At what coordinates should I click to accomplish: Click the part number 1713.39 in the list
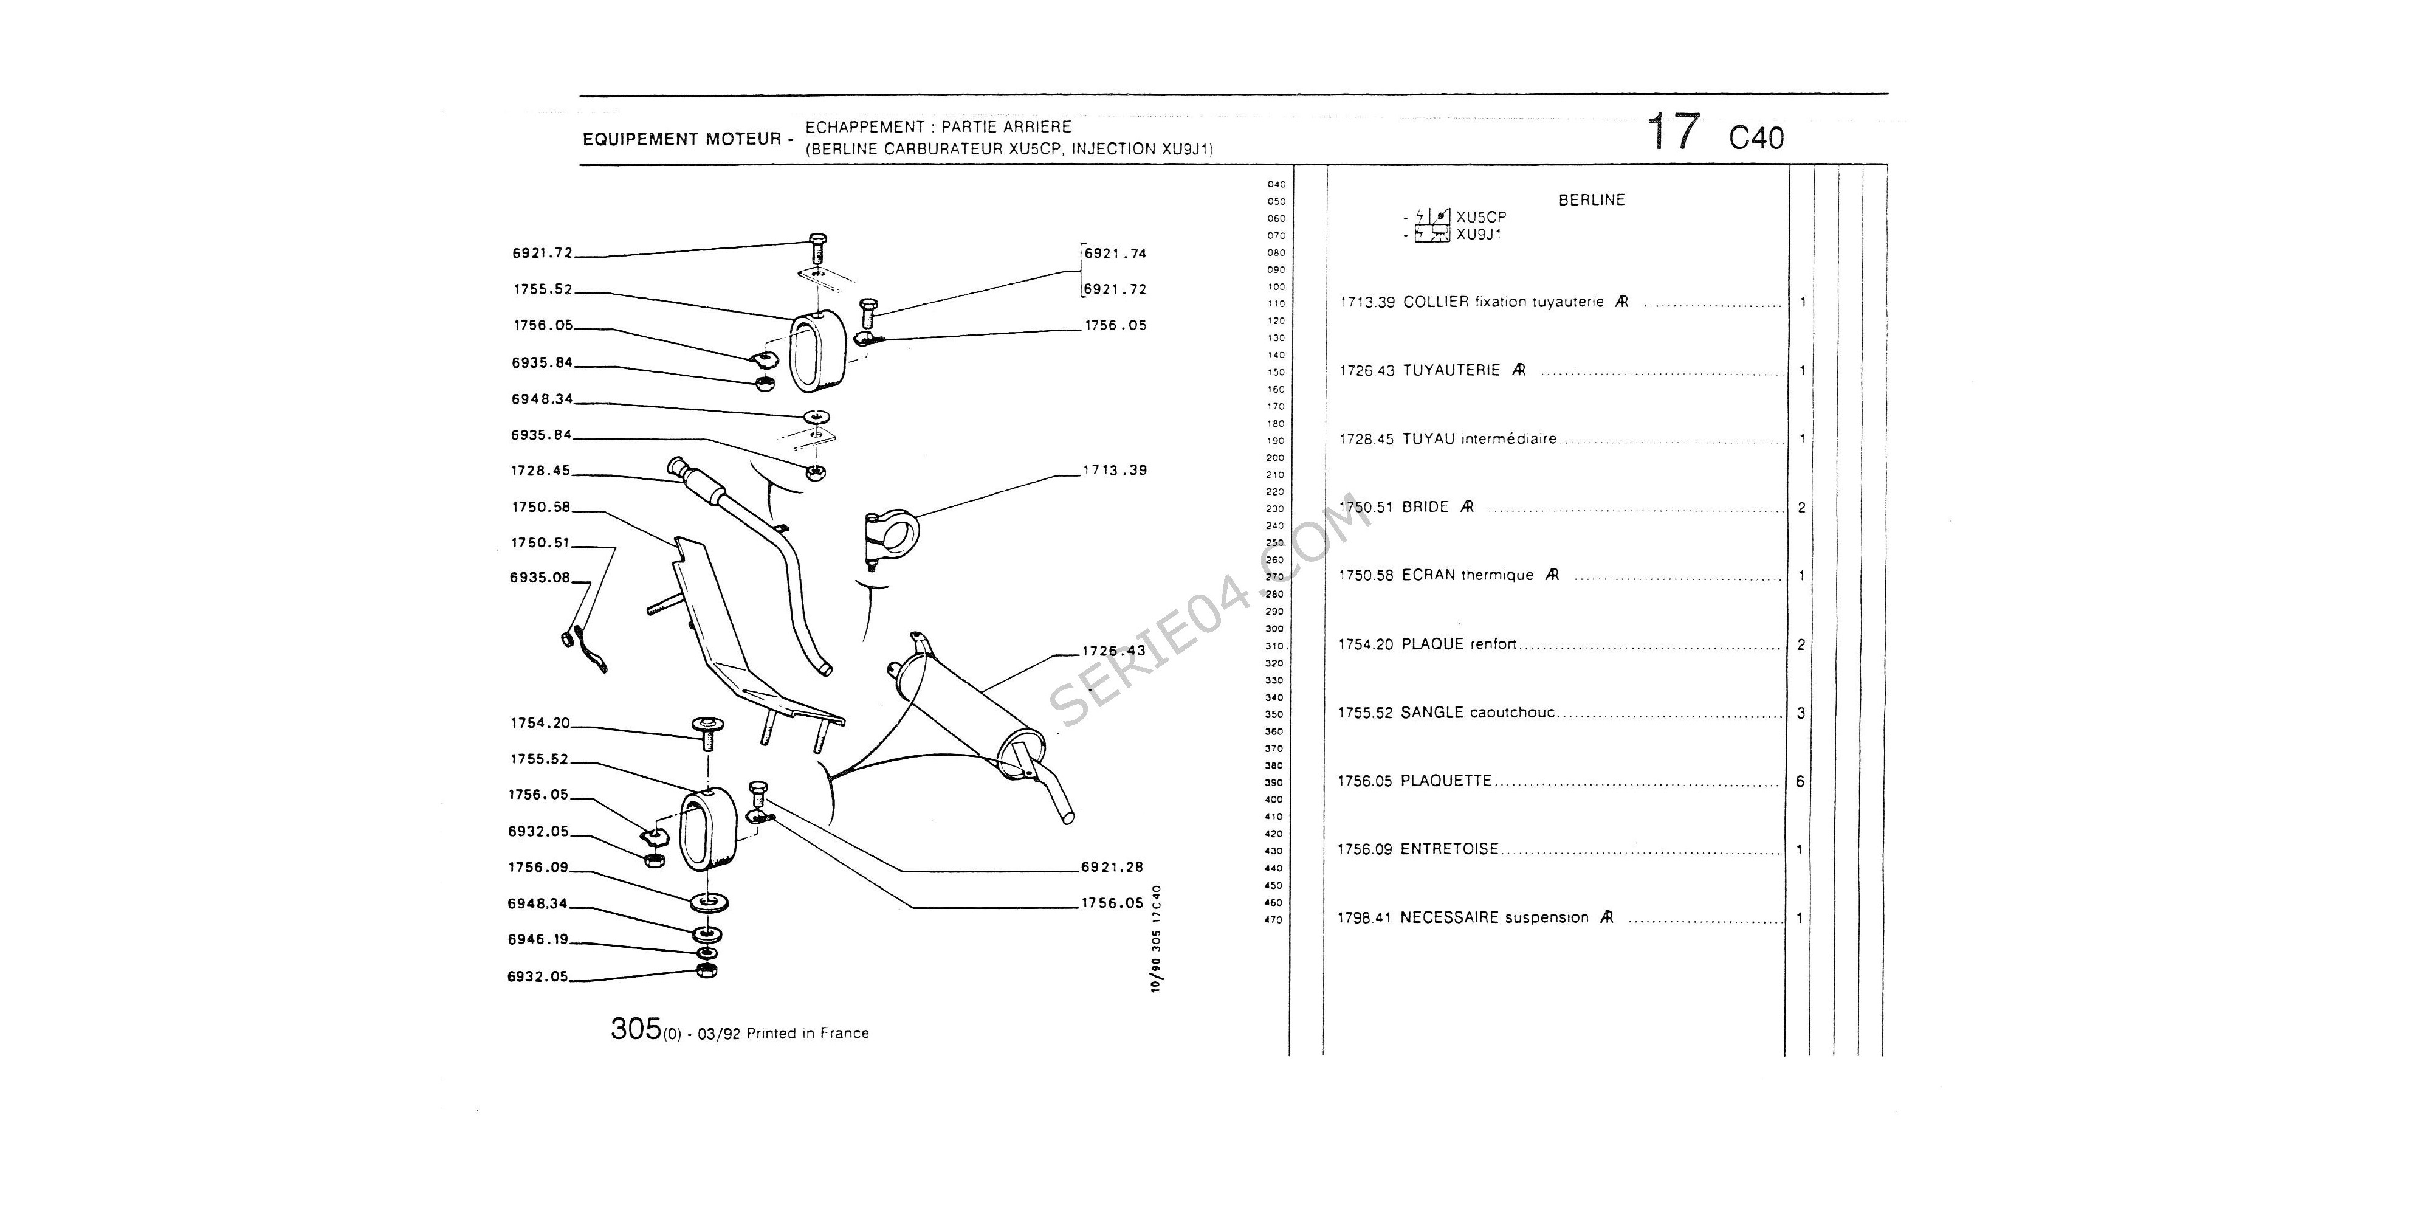(1366, 303)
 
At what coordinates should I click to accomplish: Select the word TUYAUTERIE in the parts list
(1451, 371)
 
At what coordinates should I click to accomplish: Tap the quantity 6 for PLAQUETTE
(1800, 782)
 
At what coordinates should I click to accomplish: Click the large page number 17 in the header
(1673, 132)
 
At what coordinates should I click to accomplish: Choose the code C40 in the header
(1756, 139)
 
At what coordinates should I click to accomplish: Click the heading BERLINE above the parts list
(1591, 200)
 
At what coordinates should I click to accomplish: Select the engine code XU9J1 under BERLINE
(1478, 234)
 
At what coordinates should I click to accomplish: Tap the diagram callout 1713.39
(1115, 470)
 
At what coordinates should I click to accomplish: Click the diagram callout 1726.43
(1113, 651)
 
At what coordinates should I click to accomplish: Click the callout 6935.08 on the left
(540, 578)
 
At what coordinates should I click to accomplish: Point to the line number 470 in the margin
(1273, 919)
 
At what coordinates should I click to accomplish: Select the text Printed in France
(807, 1034)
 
